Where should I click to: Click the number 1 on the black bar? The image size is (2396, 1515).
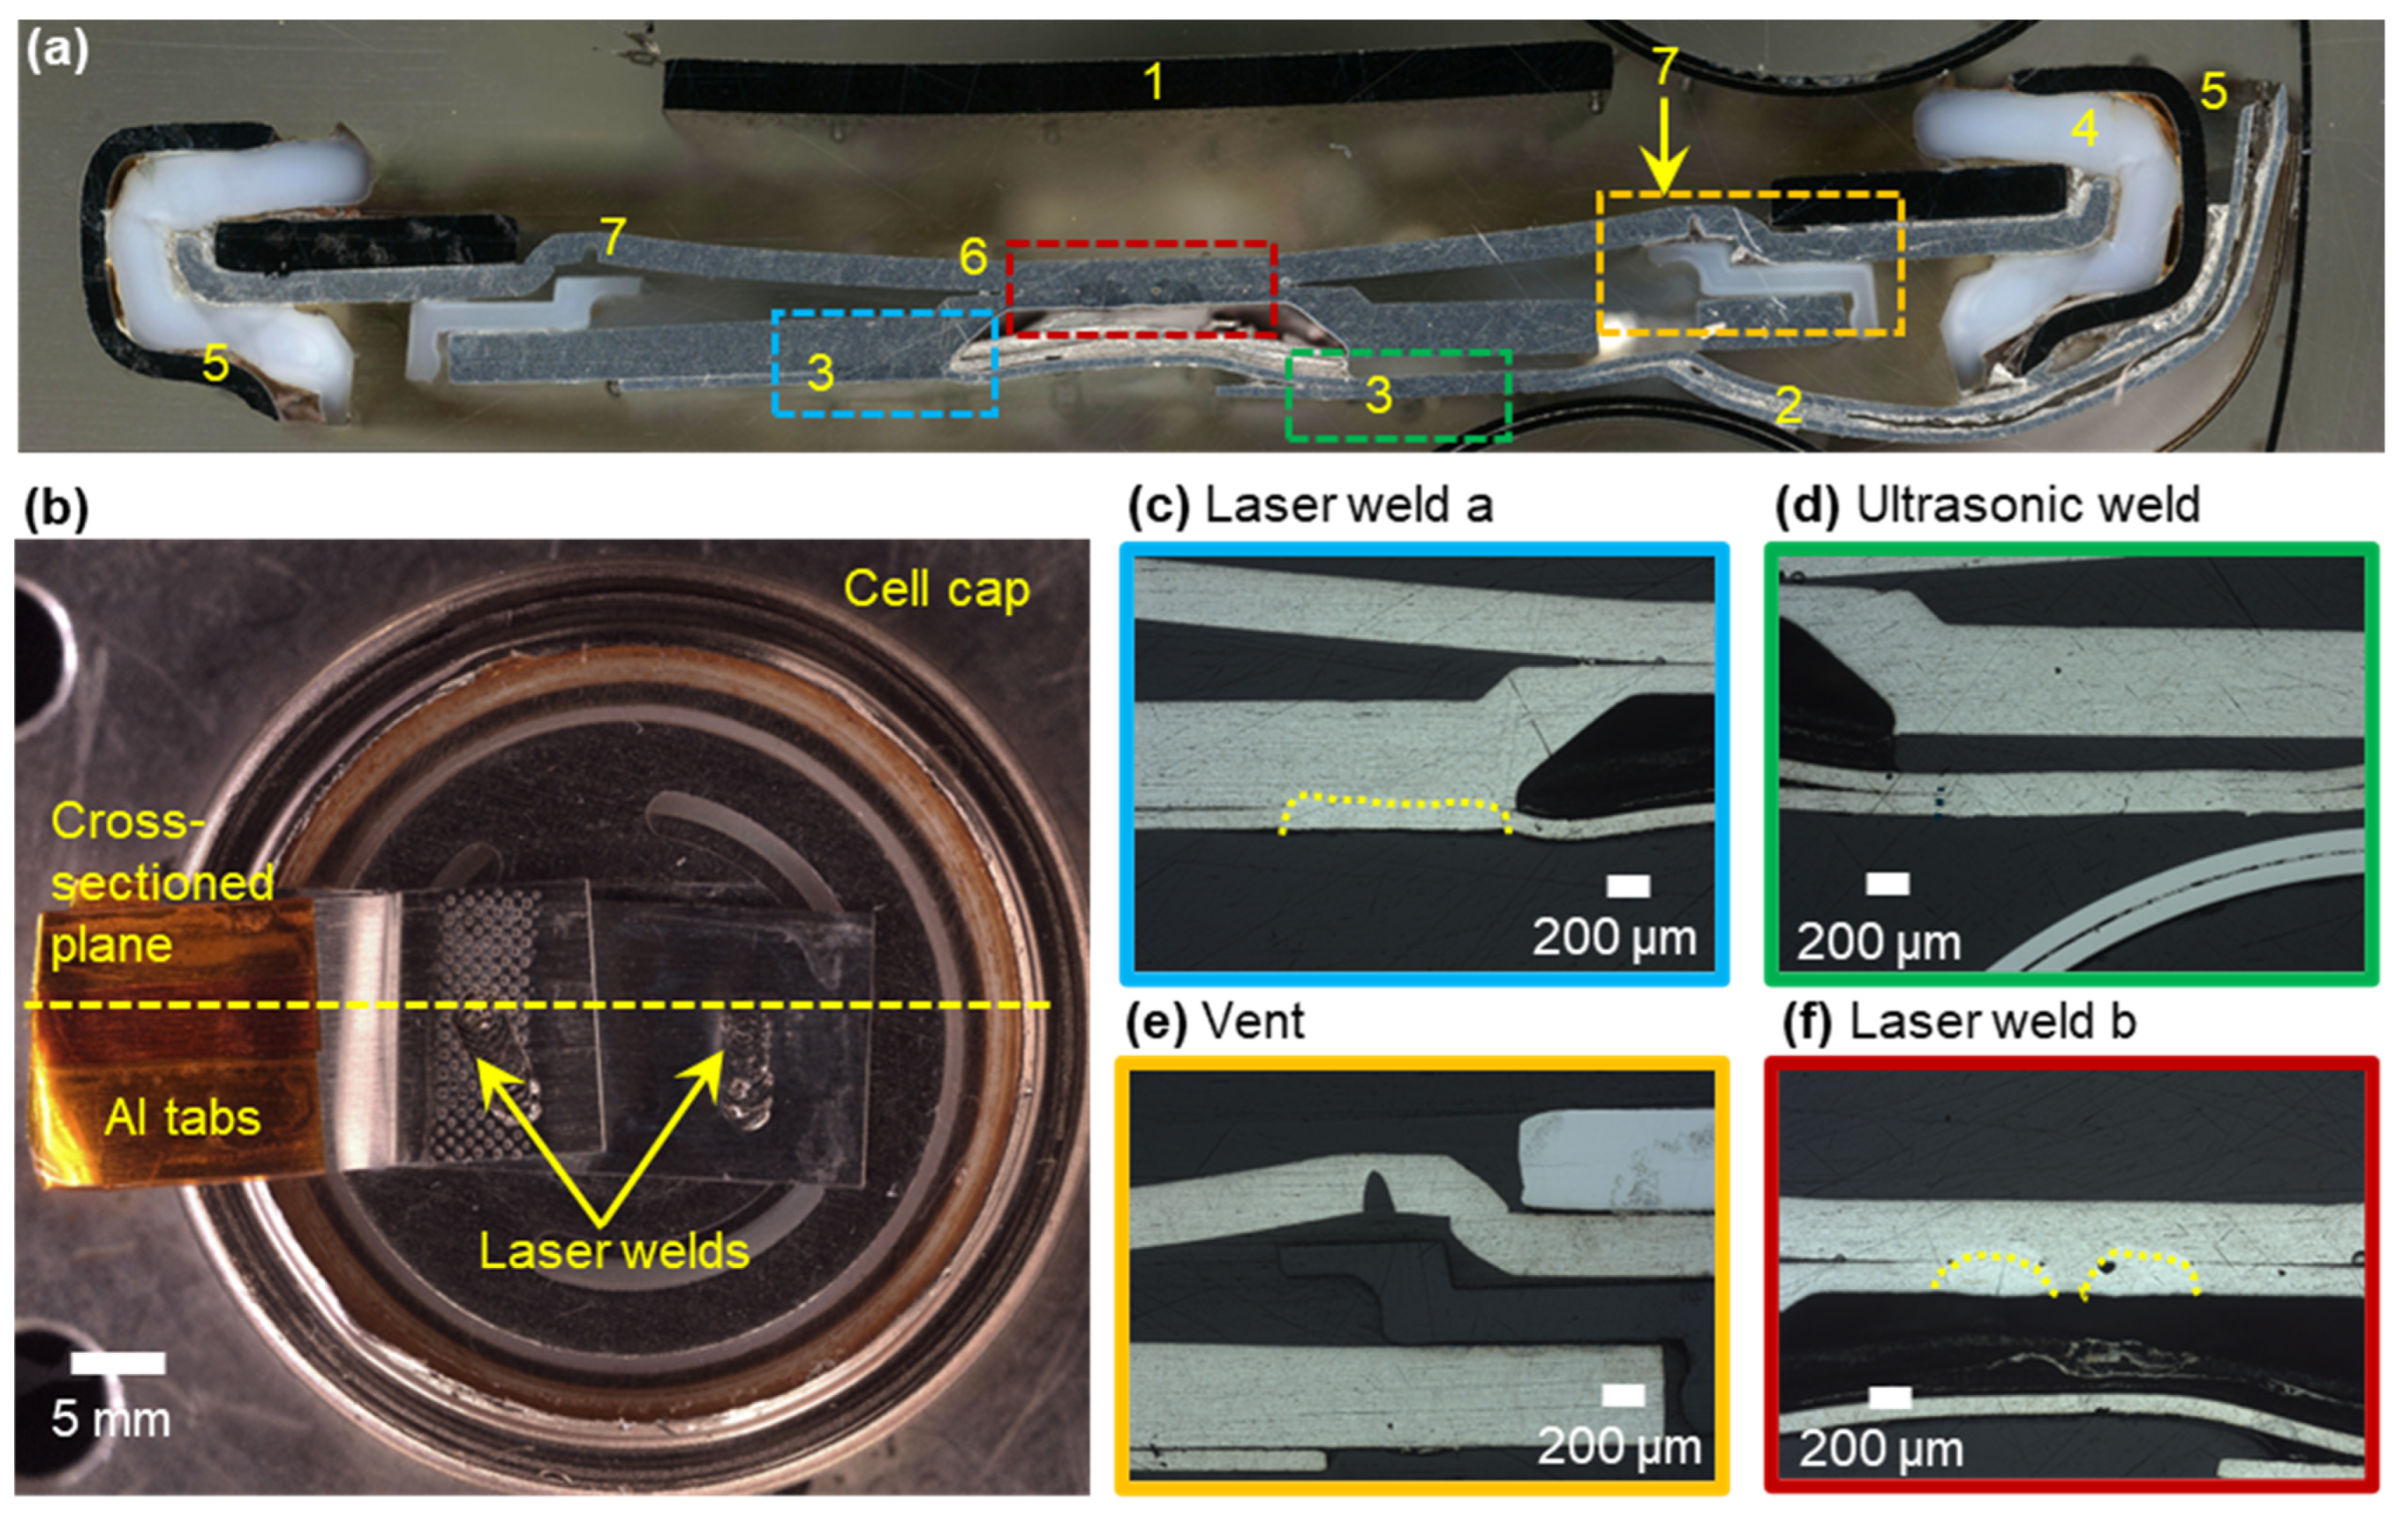[1153, 80]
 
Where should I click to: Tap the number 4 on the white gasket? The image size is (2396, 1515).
[2083, 127]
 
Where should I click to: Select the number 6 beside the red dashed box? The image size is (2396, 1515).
[972, 258]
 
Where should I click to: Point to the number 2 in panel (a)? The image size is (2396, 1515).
[1788, 405]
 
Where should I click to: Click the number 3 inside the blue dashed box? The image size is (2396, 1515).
[820, 372]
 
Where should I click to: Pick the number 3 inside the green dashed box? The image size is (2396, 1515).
[1378, 395]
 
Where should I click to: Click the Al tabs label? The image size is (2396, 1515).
[182, 1117]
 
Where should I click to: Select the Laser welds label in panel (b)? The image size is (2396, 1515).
[614, 1250]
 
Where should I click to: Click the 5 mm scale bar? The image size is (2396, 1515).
[117, 1363]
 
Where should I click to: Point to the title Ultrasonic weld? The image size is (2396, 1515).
[2028, 506]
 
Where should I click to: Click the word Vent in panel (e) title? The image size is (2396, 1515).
[1253, 1022]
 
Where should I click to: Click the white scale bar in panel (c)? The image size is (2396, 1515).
[1628, 886]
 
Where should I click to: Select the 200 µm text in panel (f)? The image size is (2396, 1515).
[1880, 1450]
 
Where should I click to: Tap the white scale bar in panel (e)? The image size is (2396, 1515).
[1623, 1397]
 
